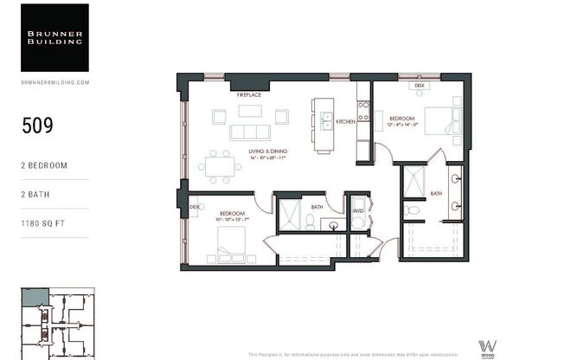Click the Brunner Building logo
pyautogui.click(x=54, y=37)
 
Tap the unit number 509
pyautogui.click(x=37, y=125)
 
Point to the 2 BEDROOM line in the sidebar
pyautogui.click(x=44, y=164)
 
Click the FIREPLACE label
pyautogui.click(x=249, y=93)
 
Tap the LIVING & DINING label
pyautogui.click(x=267, y=151)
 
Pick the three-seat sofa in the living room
pyautogui.click(x=249, y=132)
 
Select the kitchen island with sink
pyautogui.click(x=324, y=125)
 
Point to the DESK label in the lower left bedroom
pyautogui.click(x=195, y=208)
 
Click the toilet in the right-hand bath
pyautogui.click(x=413, y=209)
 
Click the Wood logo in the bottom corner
pyautogui.click(x=487, y=346)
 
